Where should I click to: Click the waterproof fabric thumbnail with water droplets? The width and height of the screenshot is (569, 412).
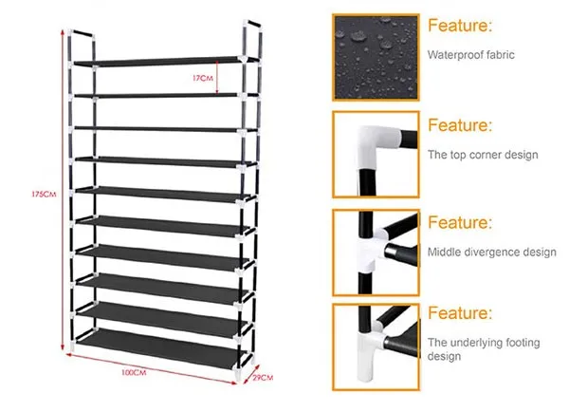[376, 56]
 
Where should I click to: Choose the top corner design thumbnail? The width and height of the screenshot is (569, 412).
[376, 154]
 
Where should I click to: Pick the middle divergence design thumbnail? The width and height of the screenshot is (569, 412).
[376, 252]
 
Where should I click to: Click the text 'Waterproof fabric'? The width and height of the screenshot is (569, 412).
[471, 55]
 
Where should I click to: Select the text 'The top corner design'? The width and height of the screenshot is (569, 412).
[483, 154]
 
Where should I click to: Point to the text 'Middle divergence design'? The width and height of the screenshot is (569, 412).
[491, 252]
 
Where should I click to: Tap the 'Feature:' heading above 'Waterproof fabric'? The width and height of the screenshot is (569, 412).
[459, 26]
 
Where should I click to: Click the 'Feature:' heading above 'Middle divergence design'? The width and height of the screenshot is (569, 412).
[459, 223]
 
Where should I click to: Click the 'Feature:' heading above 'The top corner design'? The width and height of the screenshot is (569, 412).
[459, 125]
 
